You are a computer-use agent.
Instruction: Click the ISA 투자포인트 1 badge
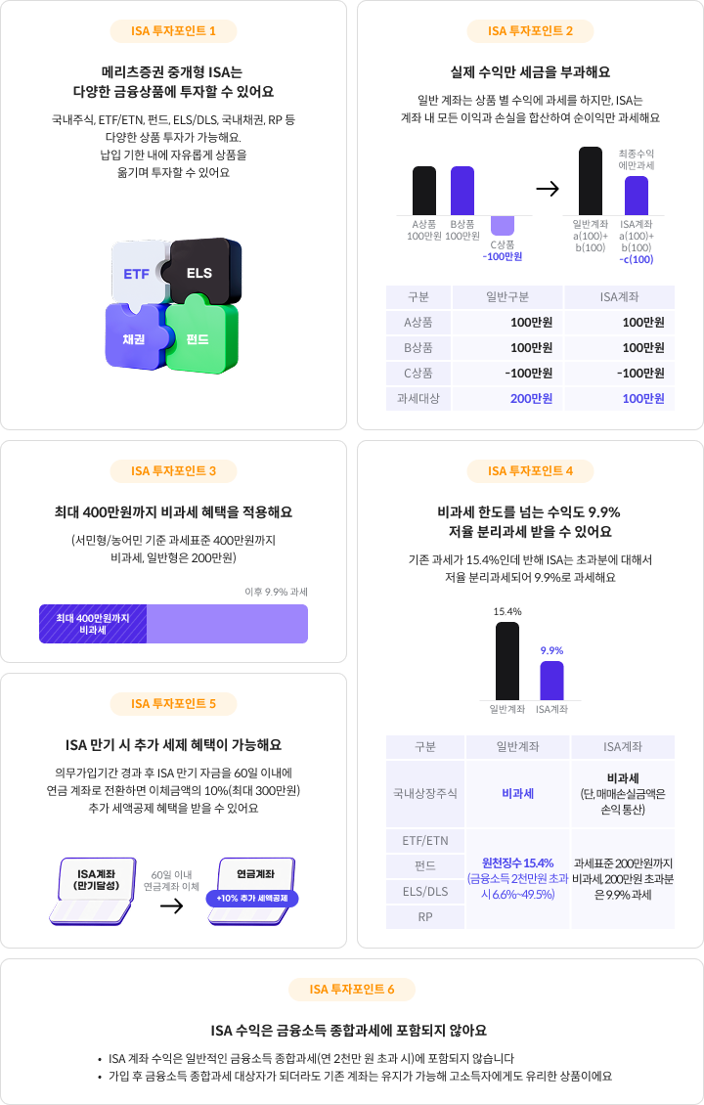coord(174,31)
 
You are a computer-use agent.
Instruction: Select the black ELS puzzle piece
coord(200,271)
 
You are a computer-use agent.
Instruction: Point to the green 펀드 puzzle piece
coord(199,338)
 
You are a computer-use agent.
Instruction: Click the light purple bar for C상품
coord(503,225)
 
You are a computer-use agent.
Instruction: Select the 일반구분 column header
coord(506,296)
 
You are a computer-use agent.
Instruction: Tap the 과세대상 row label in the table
coord(418,398)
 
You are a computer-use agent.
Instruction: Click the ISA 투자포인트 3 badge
coord(174,471)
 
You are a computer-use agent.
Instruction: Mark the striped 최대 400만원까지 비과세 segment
coord(93,624)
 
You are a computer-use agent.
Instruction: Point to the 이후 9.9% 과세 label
coord(276,592)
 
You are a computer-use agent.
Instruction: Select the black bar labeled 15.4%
coord(507,660)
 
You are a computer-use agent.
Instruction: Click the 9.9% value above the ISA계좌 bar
coord(551,650)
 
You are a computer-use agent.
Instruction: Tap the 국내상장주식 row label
coord(425,793)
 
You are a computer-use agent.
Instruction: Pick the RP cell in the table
coord(425,916)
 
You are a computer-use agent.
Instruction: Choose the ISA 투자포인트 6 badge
coord(352,990)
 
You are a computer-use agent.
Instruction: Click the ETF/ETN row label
coord(425,840)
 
